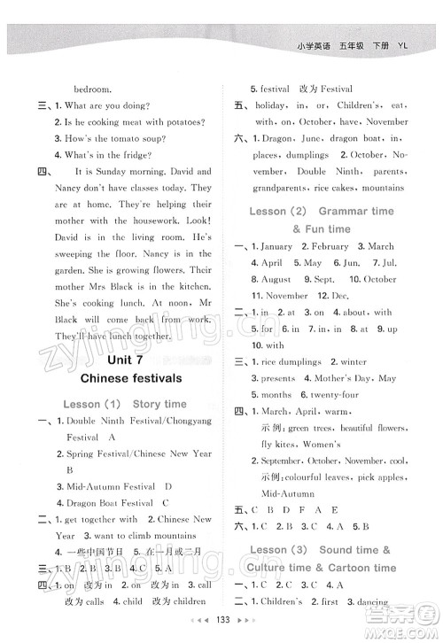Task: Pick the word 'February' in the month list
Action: pyautogui.click(x=330, y=246)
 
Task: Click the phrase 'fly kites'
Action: pyautogui.click(x=278, y=444)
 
